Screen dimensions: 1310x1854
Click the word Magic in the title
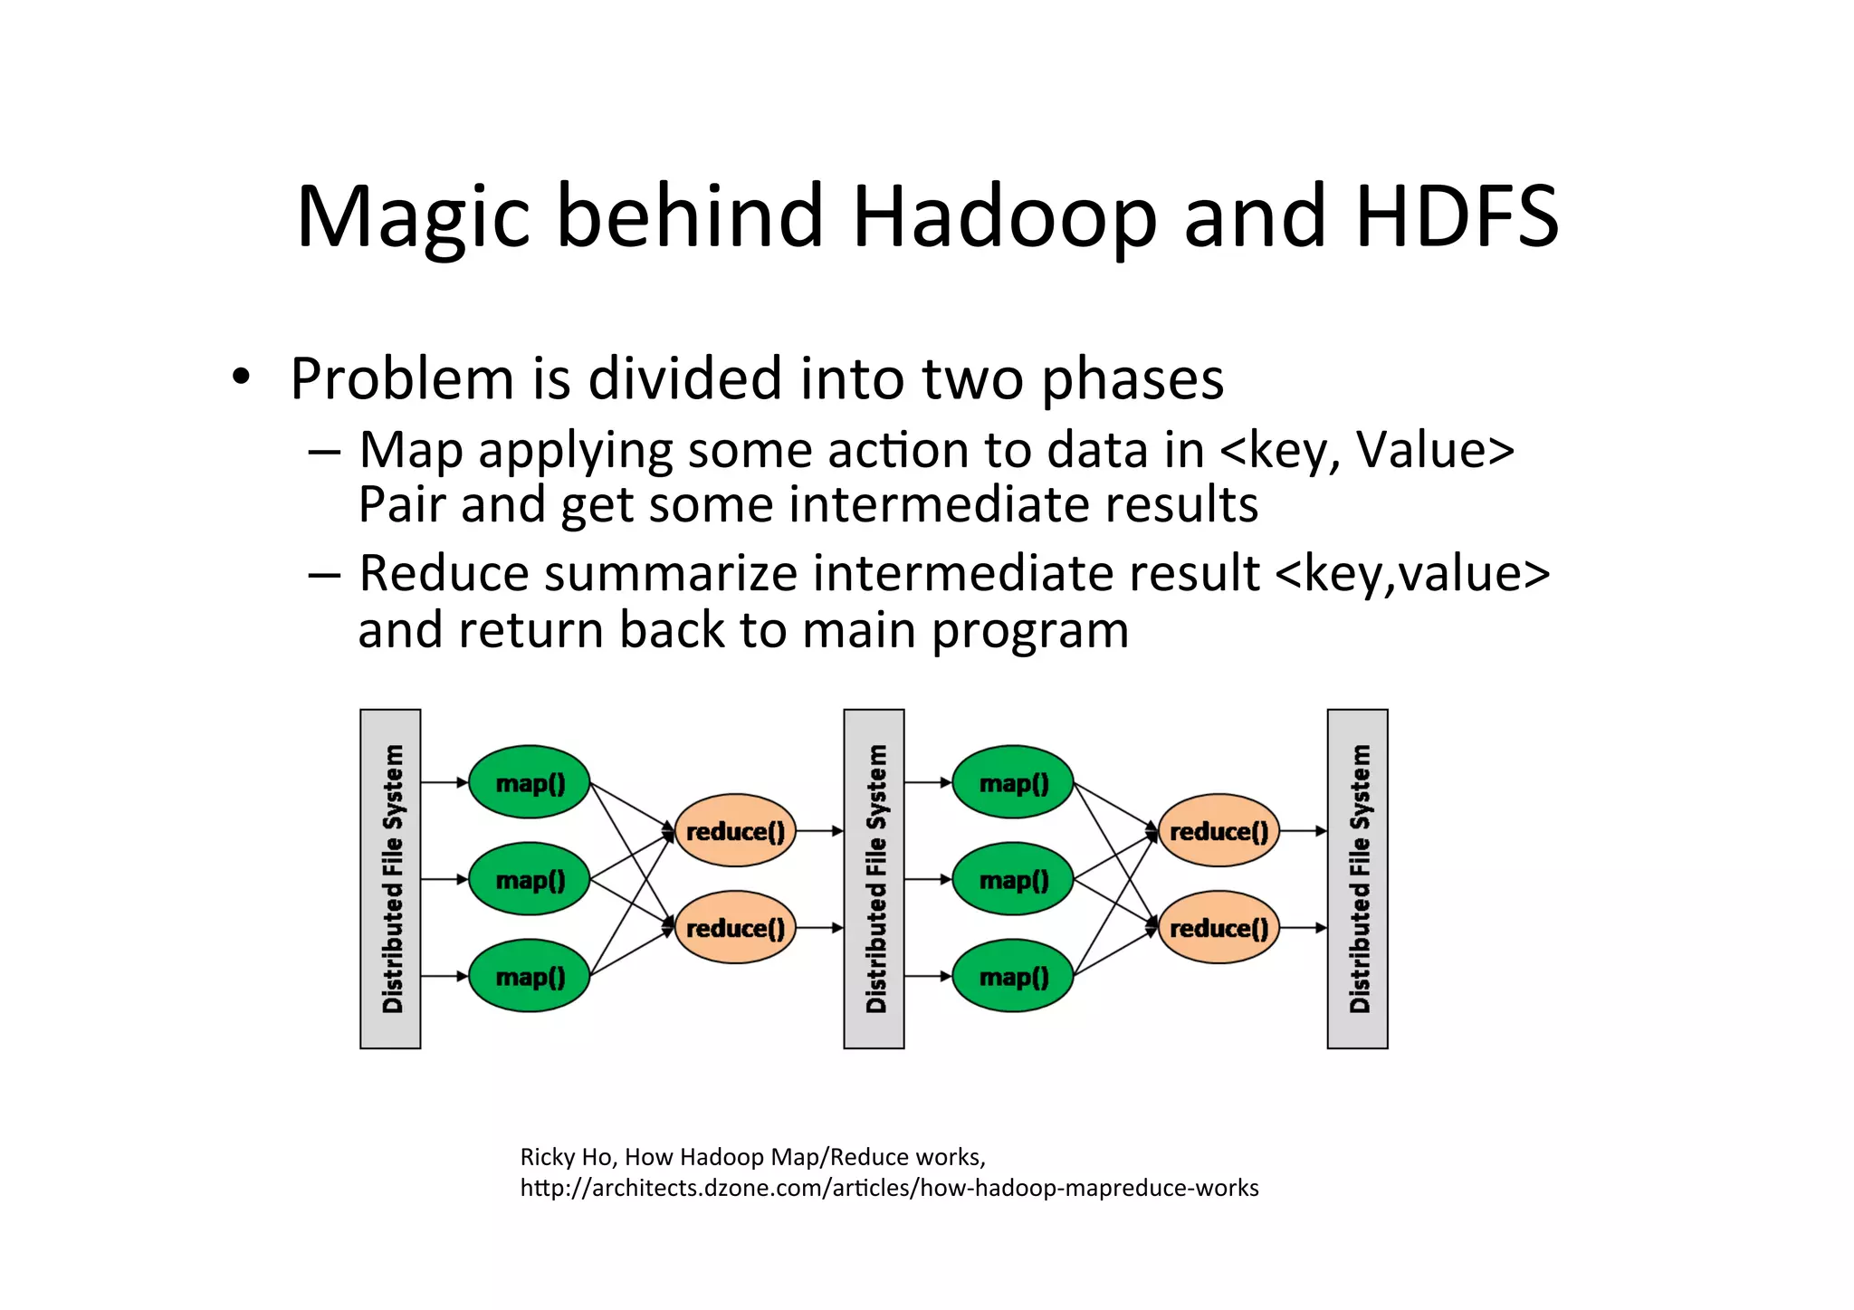(x=413, y=217)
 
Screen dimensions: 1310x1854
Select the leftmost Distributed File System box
(x=390, y=878)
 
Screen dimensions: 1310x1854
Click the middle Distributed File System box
(x=874, y=878)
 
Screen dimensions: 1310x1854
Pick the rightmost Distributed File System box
(x=1357, y=878)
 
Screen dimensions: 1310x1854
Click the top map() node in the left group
(x=530, y=782)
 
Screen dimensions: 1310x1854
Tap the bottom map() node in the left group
(x=530, y=976)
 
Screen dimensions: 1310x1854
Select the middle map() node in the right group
(x=1013, y=879)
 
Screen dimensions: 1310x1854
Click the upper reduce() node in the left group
(x=735, y=830)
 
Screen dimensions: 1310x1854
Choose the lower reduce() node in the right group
(x=1218, y=927)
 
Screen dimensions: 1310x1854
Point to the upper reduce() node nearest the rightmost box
(x=1218, y=830)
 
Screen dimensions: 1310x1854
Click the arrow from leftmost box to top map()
(x=444, y=782)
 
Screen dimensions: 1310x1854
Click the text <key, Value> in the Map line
(x=1367, y=450)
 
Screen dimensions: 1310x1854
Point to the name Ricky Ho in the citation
(x=567, y=1157)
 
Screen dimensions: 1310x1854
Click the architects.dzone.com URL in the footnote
(x=889, y=1188)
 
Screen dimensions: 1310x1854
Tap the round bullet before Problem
(x=240, y=377)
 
